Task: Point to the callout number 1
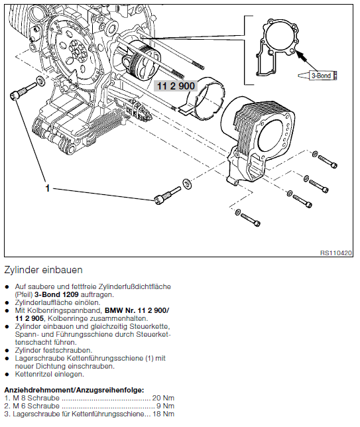(47, 188)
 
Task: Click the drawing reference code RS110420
(335, 253)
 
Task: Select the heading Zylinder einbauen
(43, 270)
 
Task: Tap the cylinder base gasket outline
(277, 47)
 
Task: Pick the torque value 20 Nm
(163, 398)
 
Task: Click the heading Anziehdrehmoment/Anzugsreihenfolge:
(74, 390)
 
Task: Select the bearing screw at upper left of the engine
(23, 91)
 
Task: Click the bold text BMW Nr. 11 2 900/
(137, 310)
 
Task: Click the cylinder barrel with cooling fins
(259, 136)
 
